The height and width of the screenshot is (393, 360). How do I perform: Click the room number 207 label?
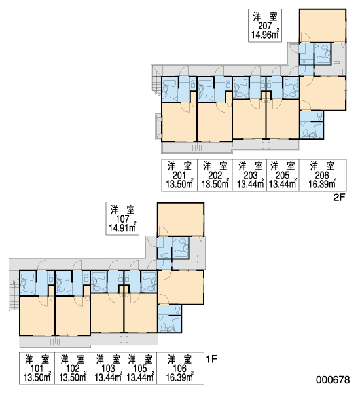point(265,26)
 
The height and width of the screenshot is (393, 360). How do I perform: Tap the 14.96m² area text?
point(265,34)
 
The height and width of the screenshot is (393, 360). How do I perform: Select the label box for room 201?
point(179,175)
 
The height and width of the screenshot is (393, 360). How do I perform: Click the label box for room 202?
point(215,175)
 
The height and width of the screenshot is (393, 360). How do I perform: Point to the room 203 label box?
point(249,175)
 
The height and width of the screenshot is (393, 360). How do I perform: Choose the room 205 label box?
point(283,175)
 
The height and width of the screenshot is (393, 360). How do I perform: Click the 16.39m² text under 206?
point(322,184)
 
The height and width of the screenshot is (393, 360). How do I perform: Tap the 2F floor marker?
point(340,198)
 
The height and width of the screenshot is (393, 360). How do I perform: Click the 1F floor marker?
point(211,359)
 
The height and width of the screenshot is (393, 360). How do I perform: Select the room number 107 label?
point(122,219)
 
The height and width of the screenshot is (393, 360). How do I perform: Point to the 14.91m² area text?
point(122,227)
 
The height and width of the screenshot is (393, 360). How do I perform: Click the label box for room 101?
point(37,368)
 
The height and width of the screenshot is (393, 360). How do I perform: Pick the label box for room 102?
point(73,368)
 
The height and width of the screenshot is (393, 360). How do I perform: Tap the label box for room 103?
point(107,368)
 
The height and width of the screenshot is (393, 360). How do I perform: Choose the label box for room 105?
point(141,368)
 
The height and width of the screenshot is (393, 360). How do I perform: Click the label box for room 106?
point(180,368)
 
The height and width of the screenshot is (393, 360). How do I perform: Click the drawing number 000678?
point(333,380)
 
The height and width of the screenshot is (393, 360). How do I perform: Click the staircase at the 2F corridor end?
point(156,83)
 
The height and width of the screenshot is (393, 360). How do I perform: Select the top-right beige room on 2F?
point(323,26)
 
